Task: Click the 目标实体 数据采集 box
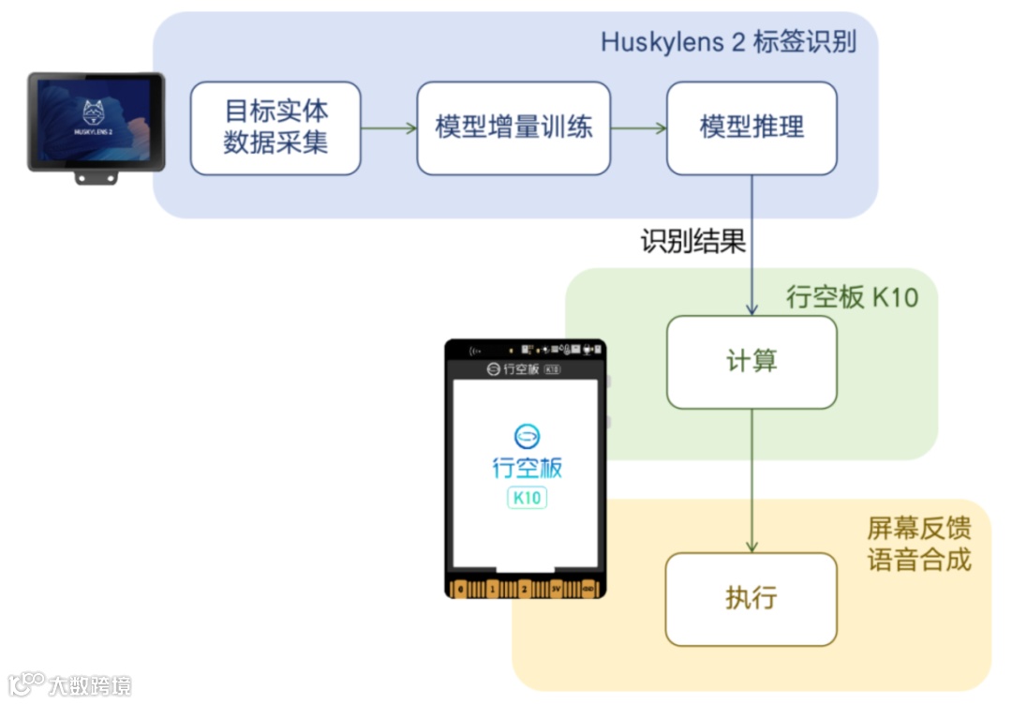pyautogui.click(x=275, y=127)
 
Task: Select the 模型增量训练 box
pyautogui.click(x=513, y=127)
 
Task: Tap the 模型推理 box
pyautogui.click(x=752, y=127)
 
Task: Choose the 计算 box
pyautogui.click(x=752, y=362)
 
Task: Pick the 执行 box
pyautogui.click(x=752, y=599)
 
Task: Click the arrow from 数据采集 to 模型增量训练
pyautogui.click(x=389, y=128)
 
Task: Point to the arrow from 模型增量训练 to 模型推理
pyautogui.click(x=638, y=128)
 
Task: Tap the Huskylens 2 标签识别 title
pyautogui.click(x=728, y=42)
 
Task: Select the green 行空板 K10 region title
pyautogui.click(x=852, y=297)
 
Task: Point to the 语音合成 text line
pyautogui.click(x=918, y=561)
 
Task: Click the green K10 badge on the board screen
pyautogui.click(x=527, y=498)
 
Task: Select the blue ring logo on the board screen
pyautogui.click(x=528, y=436)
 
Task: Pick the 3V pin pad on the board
pyautogui.click(x=557, y=589)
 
